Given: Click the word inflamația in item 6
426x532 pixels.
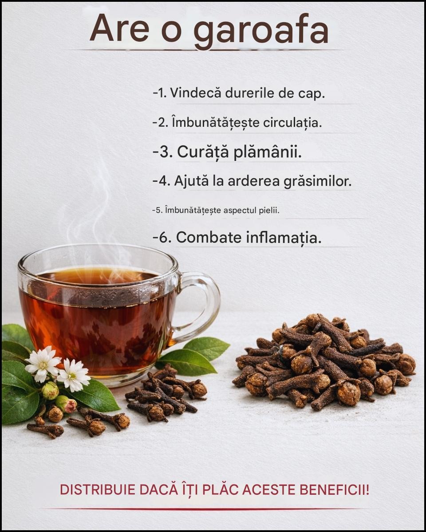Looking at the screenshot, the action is click(x=284, y=238).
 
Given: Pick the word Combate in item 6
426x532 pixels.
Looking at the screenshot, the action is click(x=209, y=238).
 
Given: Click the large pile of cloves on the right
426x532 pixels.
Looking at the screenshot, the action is click(x=325, y=363).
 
